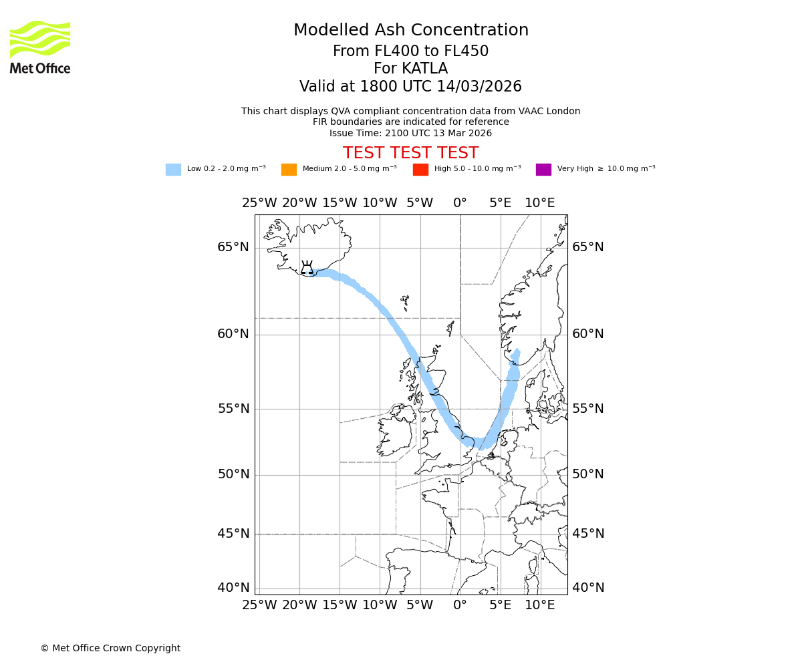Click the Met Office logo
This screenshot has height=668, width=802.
pyautogui.click(x=40, y=47)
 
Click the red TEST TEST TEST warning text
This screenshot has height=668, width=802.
pyautogui.click(x=410, y=153)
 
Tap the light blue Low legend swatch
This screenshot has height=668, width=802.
pyautogui.click(x=173, y=170)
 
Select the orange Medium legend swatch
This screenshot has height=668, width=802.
pyautogui.click(x=289, y=170)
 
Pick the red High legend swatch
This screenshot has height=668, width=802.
pyautogui.click(x=420, y=170)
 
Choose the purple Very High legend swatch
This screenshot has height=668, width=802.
pyautogui.click(x=543, y=170)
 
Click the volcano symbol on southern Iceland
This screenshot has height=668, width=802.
pyautogui.click(x=307, y=268)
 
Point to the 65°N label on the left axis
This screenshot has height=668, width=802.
pyautogui.click(x=233, y=247)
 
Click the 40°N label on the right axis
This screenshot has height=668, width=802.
pyautogui.click(x=588, y=588)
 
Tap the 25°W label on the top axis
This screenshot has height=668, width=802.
pyautogui.click(x=259, y=203)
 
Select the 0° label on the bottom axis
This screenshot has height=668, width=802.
pyautogui.click(x=460, y=605)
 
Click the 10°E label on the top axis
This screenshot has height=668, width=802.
pyautogui.click(x=540, y=203)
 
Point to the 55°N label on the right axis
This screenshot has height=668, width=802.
pyautogui.click(x=588, y=409)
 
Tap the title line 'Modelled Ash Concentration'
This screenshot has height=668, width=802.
pyautogui.click(x=410, y=31)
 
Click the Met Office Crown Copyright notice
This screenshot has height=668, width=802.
pyautogui.click(x=110, y=648)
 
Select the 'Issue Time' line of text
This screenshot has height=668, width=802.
pyautogui.click(x=410, y=133)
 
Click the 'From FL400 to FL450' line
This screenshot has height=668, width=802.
pyautogui.click(x=410, y=51)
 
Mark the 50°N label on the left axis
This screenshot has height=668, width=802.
pyautogui.click(x=233, y=474)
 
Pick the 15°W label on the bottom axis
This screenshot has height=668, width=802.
pyautogui.click(x=340, y=605)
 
